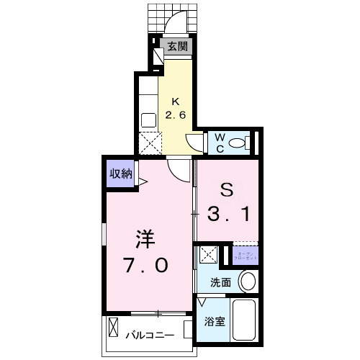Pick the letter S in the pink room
click(x=225, y=192)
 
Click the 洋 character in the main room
click(x=146, y=238)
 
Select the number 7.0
click(x=146, y=265)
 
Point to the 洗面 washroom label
click(x=220, y=283)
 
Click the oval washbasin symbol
click(x=247, y=281)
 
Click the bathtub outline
click(x=247, y=320)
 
